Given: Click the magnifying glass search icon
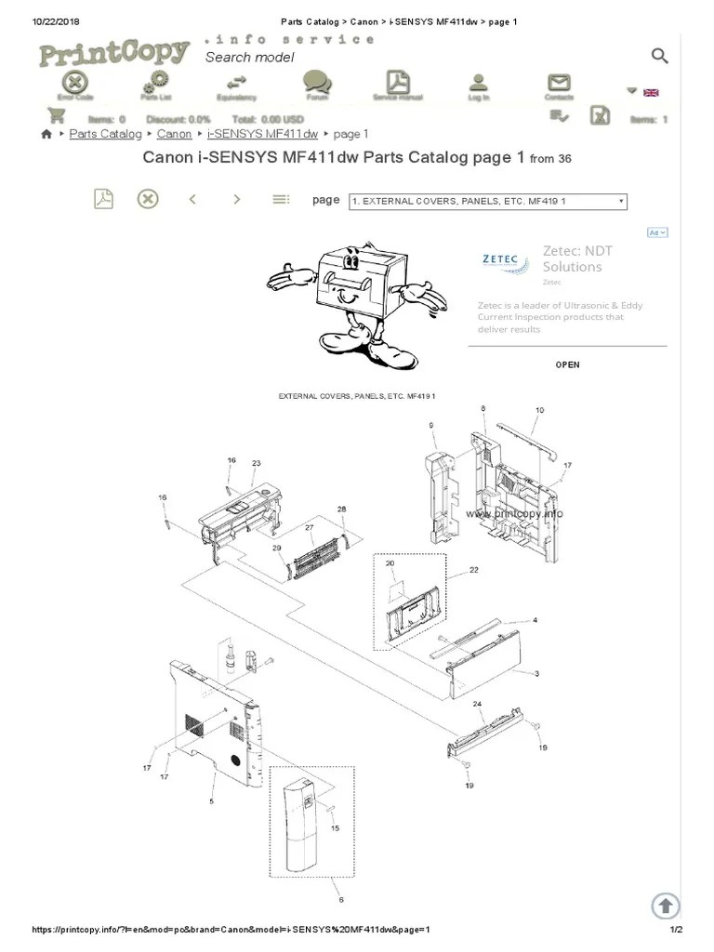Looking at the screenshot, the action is coord(659,57).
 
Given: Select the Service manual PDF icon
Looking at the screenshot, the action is coord(398,83).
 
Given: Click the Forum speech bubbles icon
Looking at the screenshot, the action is coord(317,83).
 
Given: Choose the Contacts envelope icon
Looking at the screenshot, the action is coord(559,83).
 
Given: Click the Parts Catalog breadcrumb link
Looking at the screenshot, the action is coord(105,134).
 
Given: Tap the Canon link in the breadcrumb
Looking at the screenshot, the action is coord(175,134).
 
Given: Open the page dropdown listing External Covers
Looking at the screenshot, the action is coord(487,201).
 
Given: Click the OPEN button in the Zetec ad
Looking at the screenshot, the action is coord(567,364).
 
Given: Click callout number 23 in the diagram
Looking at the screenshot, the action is coord(256,463).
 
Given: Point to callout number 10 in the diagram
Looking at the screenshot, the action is coord(539,410).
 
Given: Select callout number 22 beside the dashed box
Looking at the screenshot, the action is coord(473,570).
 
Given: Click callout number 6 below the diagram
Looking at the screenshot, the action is coord(341,899).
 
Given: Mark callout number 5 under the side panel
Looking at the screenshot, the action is coord(211,800).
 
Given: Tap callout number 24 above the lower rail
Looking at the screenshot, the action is coord(478,705).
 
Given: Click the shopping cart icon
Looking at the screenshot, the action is coord(57,115).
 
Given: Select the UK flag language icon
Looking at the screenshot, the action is coord(651,92).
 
